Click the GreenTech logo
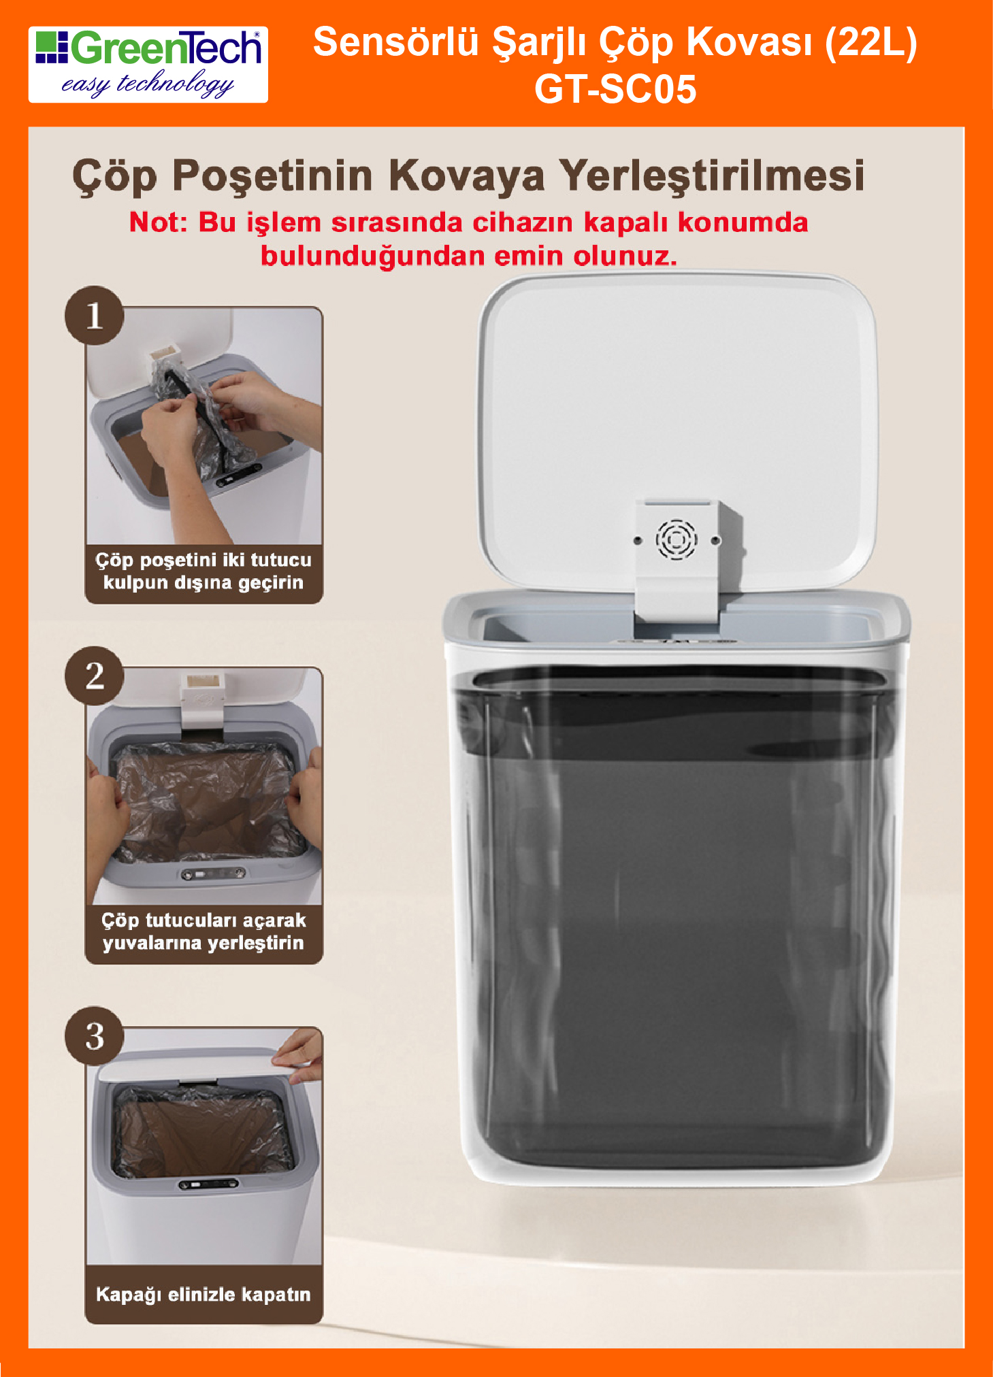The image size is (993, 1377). point(148,65)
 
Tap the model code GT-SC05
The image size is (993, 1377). point(615,89)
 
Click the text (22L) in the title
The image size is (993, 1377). point(871,43)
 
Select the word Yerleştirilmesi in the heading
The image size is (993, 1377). point(712,176)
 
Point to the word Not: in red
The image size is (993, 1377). point(158,222)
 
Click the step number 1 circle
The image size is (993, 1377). point(95,316)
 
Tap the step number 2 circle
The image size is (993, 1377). point(95,676)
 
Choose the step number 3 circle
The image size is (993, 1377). point(95,1036)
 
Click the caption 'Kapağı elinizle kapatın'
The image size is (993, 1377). point(204,1294)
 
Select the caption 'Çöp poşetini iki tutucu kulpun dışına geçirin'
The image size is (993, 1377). point(204,571)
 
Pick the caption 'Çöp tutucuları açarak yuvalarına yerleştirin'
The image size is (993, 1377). point(204,931)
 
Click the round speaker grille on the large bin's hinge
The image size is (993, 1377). point(677,540)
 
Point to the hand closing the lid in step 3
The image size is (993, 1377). point(299,1055)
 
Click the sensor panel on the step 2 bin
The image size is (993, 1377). point(213,874)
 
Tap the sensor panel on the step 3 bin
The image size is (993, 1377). point(208,1184)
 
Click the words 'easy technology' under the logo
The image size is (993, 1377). point(148,84)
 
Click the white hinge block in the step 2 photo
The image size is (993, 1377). point(202,701)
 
